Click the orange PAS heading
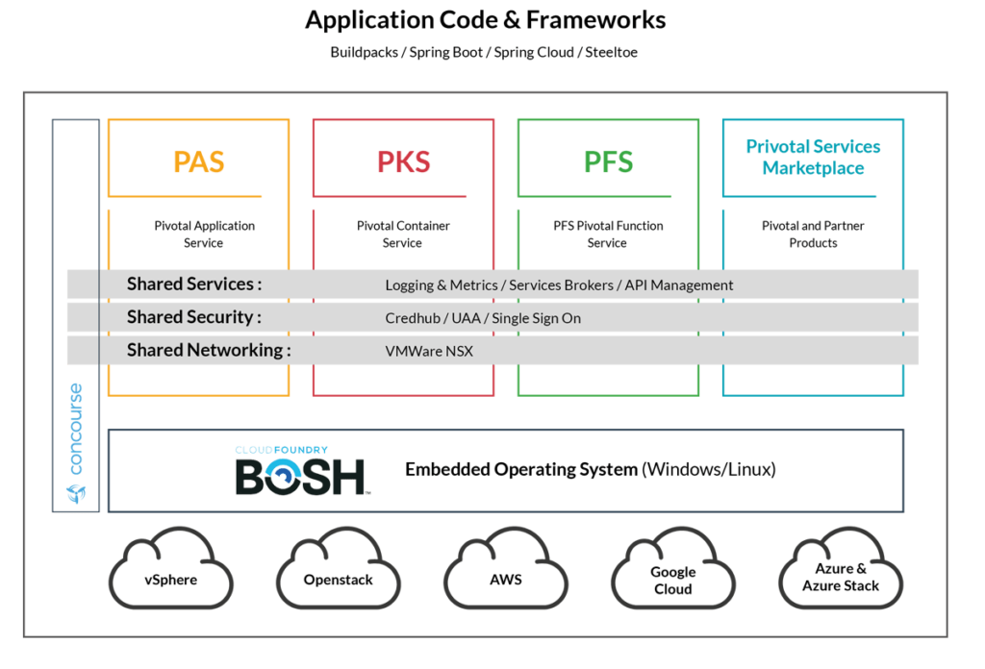click(198, 161)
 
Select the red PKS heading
click(403, 161)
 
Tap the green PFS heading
click(608, 161)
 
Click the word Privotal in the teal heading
click(779, 147)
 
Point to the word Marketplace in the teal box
click(813, 168)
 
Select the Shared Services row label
click(193, 285)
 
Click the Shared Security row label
click(193, 317)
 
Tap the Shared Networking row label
click(208, 350)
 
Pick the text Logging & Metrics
click(442, 285)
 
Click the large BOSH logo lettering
click(302, 477)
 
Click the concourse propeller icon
click(76, 493)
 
